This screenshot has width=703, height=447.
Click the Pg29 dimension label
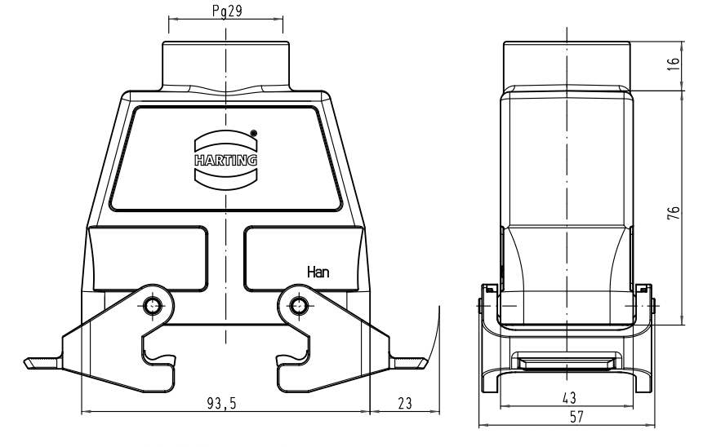(x=227, y=11)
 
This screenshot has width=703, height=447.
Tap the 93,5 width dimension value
(x=221, y=404)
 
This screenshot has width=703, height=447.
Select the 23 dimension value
(x=404, y=404)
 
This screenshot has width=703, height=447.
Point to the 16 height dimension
(x=674, y=66)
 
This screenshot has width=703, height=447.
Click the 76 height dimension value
(x=674, y=212)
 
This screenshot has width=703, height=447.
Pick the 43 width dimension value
(x=569, y=397)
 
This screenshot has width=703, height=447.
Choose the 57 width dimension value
(x=576, y=417)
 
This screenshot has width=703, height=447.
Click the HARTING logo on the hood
(x=226, y=160)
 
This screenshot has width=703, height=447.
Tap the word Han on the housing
(x=318, y=272)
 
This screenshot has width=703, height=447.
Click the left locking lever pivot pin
(x=153, y=306)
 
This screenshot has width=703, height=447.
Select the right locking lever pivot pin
(x=298, y=306)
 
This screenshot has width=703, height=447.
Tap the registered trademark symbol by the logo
(x=253, y=133)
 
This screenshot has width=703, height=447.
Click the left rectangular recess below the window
(x=149, y=259)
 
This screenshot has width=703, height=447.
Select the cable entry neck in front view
(x=226, y=66)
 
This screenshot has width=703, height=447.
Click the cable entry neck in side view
(x=567, y=64)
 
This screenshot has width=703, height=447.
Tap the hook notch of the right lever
(x=293, y=357)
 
